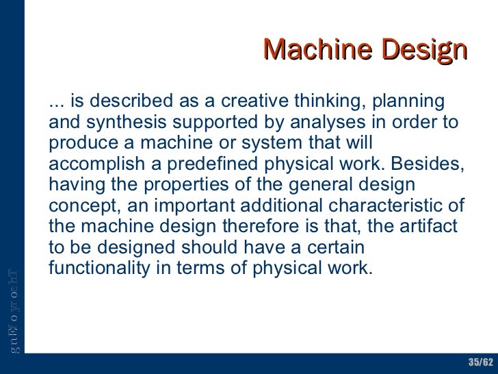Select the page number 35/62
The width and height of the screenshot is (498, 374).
[481, 362]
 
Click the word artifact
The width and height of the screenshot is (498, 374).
[434, 227]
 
